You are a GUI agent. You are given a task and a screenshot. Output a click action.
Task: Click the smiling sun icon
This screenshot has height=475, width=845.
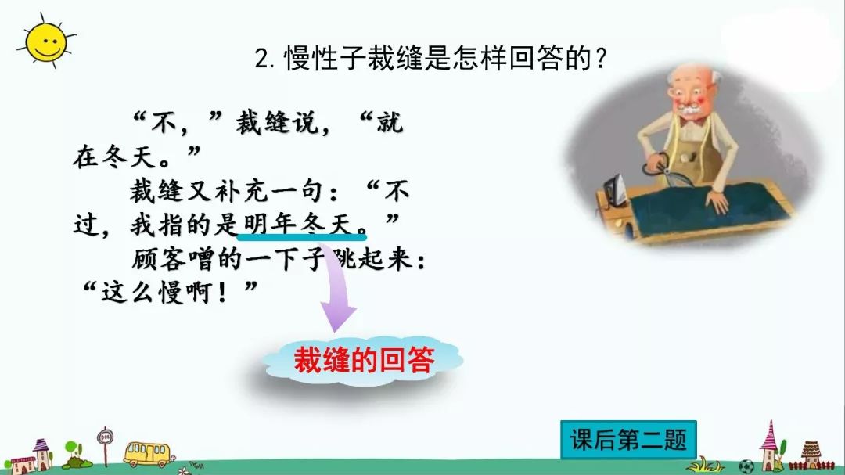tap(46, 42)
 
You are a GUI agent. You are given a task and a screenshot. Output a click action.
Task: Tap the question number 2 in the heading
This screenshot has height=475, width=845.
tap(262, 58)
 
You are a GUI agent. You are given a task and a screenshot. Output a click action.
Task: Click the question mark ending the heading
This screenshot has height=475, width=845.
tap(601, 58)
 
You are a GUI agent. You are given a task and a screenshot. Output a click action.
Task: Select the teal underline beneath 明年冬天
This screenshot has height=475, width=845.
tap(302, 236)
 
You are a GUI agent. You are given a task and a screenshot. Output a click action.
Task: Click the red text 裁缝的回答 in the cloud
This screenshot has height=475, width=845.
tap(364, 360)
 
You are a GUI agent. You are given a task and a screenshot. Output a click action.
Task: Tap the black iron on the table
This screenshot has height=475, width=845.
tap(614, 192)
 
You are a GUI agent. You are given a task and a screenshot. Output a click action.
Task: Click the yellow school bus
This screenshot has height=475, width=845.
tap(147, 453)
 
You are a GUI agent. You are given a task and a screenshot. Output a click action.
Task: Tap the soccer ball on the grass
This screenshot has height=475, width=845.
tap(746, 466)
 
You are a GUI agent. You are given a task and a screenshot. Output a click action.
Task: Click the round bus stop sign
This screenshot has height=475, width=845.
tap(105, 436)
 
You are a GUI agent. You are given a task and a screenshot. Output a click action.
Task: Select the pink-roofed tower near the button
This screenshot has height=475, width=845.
tap(770, 446)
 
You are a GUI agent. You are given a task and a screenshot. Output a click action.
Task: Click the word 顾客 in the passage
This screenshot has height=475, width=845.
tap(160, 259)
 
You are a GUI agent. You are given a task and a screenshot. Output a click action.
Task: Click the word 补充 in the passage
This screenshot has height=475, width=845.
tap(243, 192)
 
